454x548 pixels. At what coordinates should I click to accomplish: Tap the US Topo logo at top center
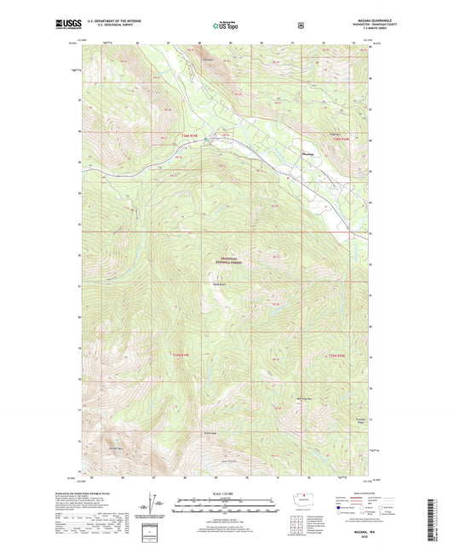coord(226,26)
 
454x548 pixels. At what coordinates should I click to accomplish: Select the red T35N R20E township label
coord(338,354)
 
